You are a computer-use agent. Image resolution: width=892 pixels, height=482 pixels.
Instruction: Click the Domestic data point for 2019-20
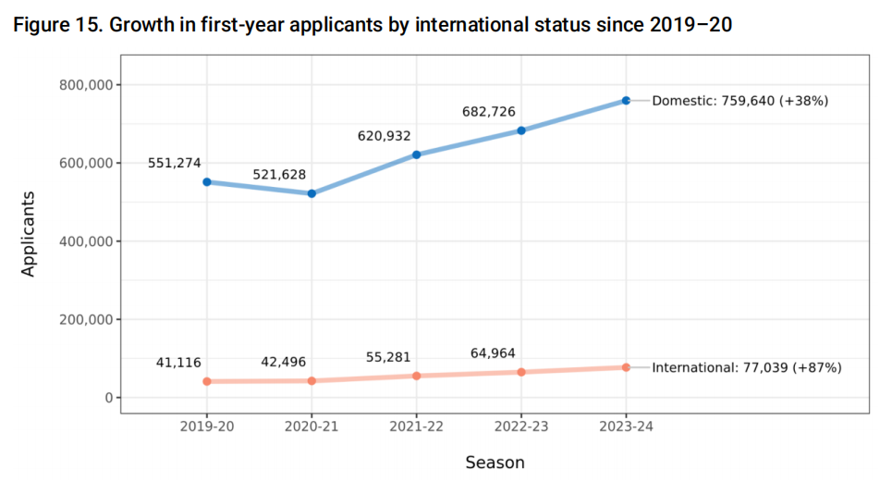[207, 182]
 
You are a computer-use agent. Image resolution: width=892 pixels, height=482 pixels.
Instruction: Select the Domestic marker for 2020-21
[312, 193]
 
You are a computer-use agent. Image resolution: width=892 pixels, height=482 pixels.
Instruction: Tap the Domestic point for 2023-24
[626, 100]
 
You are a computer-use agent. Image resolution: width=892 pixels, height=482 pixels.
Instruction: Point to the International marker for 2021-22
[416, 376]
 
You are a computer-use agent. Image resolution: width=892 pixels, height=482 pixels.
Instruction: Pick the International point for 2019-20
[207, 381]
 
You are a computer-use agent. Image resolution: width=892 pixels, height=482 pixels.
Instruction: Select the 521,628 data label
[279, 175]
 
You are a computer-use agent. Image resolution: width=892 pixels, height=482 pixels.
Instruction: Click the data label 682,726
[489, 112]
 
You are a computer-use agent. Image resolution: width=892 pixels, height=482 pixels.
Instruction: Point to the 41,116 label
[178, 363]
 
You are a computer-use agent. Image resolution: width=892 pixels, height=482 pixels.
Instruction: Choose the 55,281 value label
[388, 357]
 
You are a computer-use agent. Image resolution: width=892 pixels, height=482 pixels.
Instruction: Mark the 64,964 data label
[493, 352]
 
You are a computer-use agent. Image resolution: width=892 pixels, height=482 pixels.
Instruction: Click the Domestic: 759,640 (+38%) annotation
[739, 101]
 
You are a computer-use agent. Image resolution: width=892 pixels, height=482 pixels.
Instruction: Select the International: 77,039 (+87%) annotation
[747, 367]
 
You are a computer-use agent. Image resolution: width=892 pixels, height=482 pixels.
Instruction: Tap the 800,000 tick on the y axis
[85, 85]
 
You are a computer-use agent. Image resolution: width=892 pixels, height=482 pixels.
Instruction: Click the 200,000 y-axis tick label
[85, 319]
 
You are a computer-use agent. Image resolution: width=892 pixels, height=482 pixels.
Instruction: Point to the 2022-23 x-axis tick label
[521, 426]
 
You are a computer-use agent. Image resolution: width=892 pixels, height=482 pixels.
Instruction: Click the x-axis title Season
[495, 462]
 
